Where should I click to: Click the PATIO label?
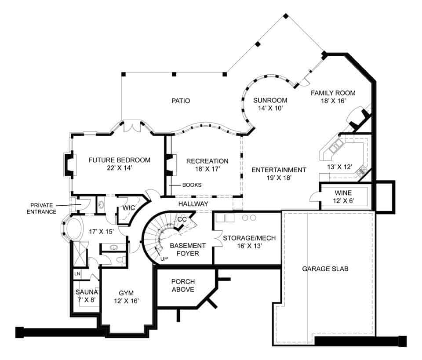pos(181,101)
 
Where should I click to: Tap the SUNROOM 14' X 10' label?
pos(270,104)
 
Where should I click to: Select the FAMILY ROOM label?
pos(333,97)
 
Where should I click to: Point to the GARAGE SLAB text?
pos(325,269)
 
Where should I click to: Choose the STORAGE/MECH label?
pos(249,242)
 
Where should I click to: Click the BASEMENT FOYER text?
pos(188,249)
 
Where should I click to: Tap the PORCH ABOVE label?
pos(183,285)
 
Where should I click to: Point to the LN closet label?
pos(77,274)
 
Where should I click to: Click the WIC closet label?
pos(129,207)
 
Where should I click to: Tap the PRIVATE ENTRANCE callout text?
pos(43,208)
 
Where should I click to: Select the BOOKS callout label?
pos(192,185)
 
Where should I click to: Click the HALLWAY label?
pos(193,204)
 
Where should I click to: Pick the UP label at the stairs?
pos(164,258)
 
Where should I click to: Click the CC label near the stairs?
pos(182,219)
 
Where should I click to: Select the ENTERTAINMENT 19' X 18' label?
pos(278,174)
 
